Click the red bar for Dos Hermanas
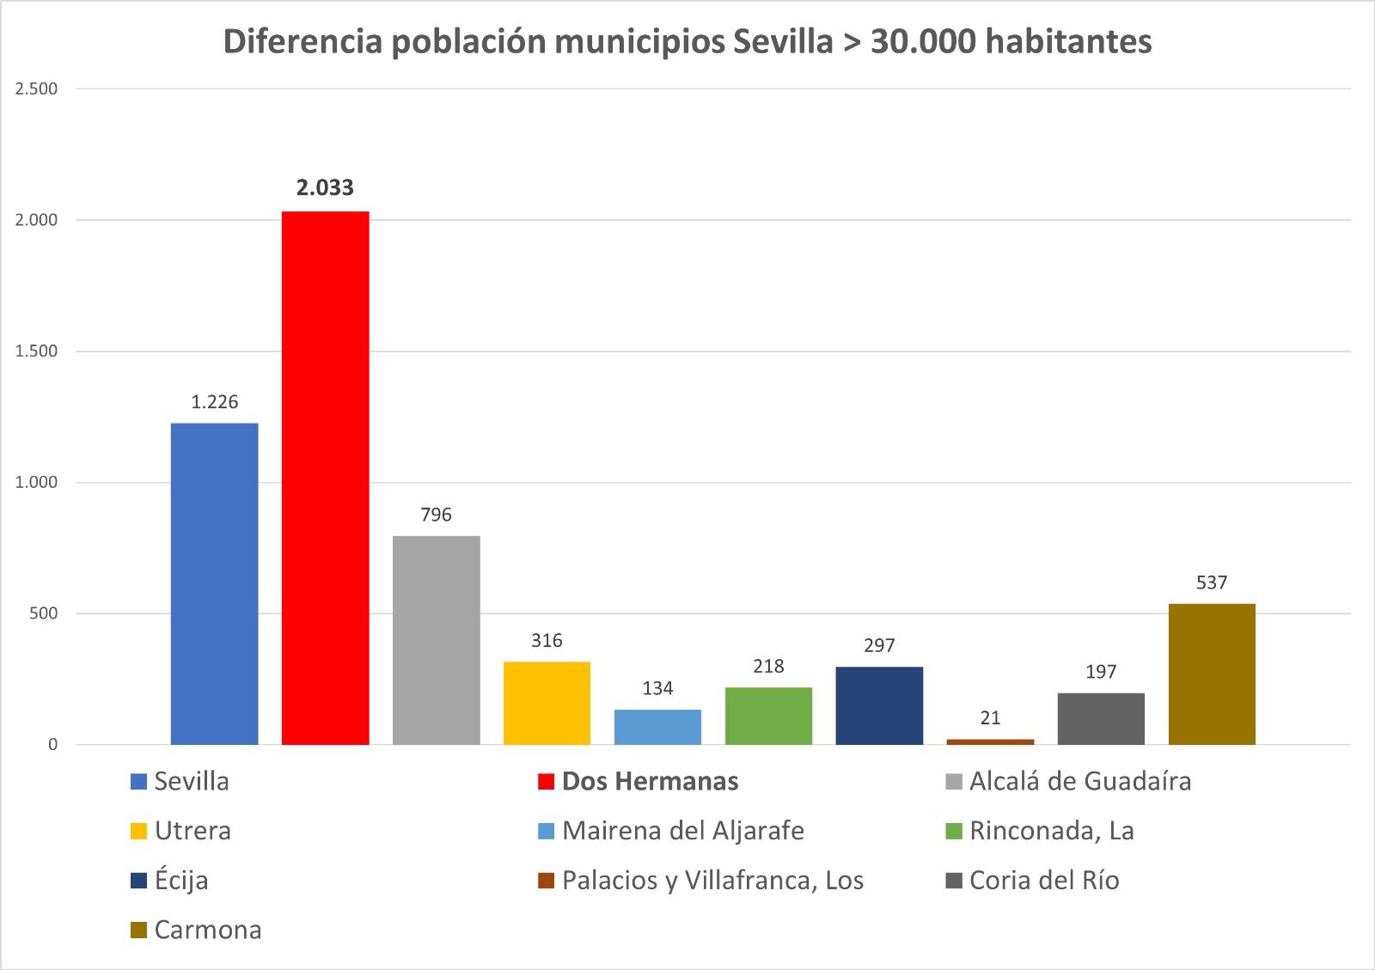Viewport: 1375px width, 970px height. point(325,478)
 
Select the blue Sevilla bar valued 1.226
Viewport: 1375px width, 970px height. point(214,583)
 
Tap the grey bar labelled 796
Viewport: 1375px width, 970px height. point(436,640)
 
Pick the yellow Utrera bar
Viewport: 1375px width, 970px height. point(547,703)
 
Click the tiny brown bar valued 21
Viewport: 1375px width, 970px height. point(990,741)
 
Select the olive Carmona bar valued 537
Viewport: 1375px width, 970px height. point(1212,674)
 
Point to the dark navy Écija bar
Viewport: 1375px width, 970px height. point(879,705)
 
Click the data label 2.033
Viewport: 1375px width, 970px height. point(325,187)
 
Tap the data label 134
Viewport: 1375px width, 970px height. point(657,688)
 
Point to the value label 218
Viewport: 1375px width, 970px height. point(768,666)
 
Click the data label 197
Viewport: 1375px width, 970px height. point(1101,671)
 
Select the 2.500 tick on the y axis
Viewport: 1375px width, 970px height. point(36,88)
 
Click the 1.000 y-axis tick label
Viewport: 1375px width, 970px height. point(36,483)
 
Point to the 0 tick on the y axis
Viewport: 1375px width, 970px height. point(52,745)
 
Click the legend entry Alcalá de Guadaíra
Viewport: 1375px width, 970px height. point(1079,781)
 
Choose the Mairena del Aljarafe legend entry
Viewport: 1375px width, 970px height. point(682,831)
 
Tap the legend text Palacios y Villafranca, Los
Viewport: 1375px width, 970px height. point(712,881)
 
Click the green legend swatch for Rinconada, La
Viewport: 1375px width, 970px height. point(953,832)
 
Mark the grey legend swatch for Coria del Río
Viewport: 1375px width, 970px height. point(953,882)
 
